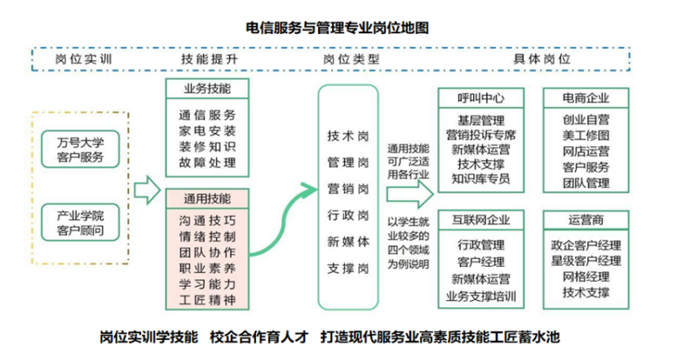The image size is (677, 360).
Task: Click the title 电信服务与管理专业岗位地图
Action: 339,28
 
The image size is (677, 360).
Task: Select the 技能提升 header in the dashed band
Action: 209,58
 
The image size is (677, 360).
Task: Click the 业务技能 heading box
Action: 206,89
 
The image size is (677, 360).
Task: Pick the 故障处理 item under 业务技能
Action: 206,161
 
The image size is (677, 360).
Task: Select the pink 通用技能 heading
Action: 206,198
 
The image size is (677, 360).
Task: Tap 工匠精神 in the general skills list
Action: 206,301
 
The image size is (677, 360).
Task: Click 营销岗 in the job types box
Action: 348,188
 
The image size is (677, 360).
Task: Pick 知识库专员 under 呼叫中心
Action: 481,179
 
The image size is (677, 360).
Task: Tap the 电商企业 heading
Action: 586,97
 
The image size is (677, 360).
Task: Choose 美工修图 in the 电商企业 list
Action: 586,134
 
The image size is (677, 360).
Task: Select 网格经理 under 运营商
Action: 586,276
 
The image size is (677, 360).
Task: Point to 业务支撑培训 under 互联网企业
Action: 481,296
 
